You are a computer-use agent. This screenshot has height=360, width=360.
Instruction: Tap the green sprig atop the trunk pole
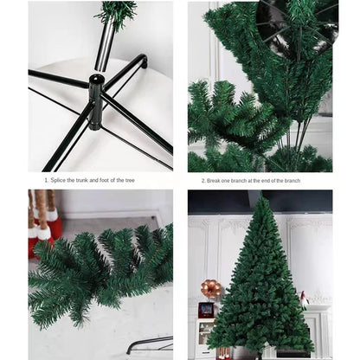[117, 12]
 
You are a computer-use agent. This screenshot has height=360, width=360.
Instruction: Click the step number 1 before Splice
[46, 181]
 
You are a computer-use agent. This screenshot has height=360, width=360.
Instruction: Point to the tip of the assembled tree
[260, 200]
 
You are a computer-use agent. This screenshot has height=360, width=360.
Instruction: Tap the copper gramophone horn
[211, 288]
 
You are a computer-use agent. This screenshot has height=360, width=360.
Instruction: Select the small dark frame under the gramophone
[207, 310]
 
